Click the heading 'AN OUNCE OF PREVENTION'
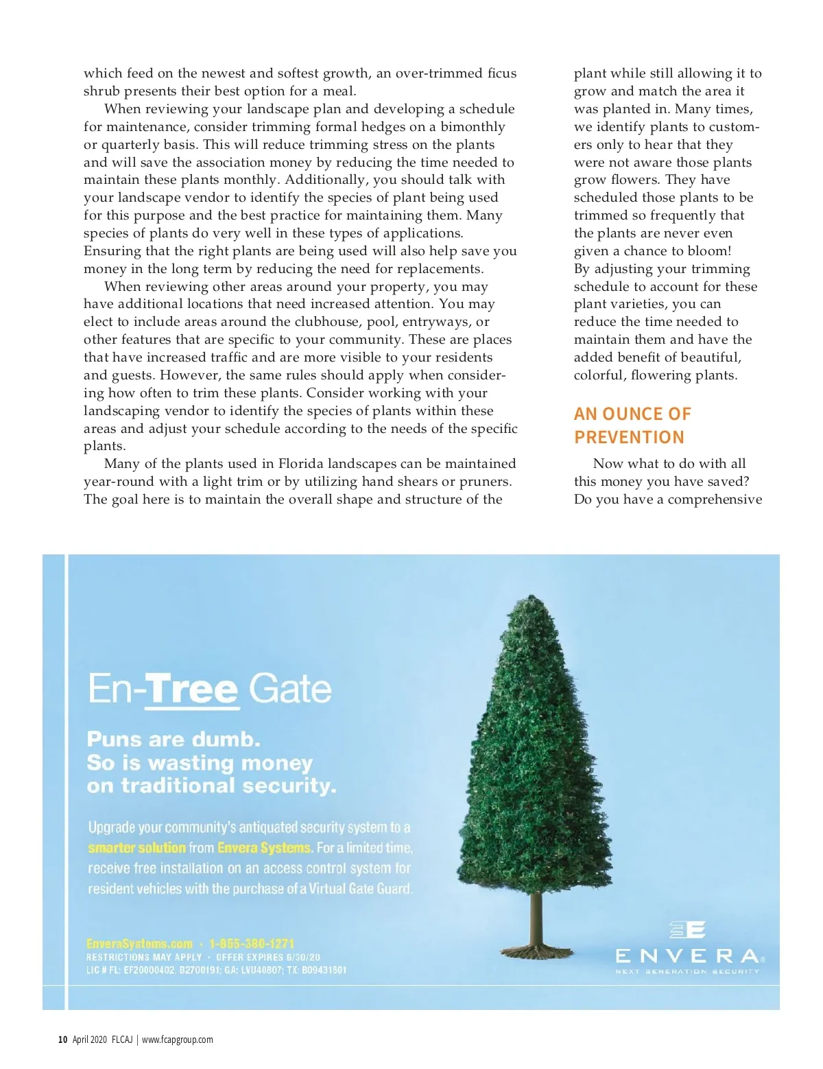[632, 425]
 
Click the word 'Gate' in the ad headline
[289, 688]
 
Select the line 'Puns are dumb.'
[174, 739]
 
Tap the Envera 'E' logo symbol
[687, 930]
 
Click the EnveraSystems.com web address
[139, 943]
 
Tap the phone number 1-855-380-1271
[252, 943]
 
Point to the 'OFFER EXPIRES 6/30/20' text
[268, 957]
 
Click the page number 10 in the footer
[62, 1039]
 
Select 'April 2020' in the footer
[90, 1039]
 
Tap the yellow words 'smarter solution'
[136, 847]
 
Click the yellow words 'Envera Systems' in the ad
[264, 847]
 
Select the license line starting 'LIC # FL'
[216, 970]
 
